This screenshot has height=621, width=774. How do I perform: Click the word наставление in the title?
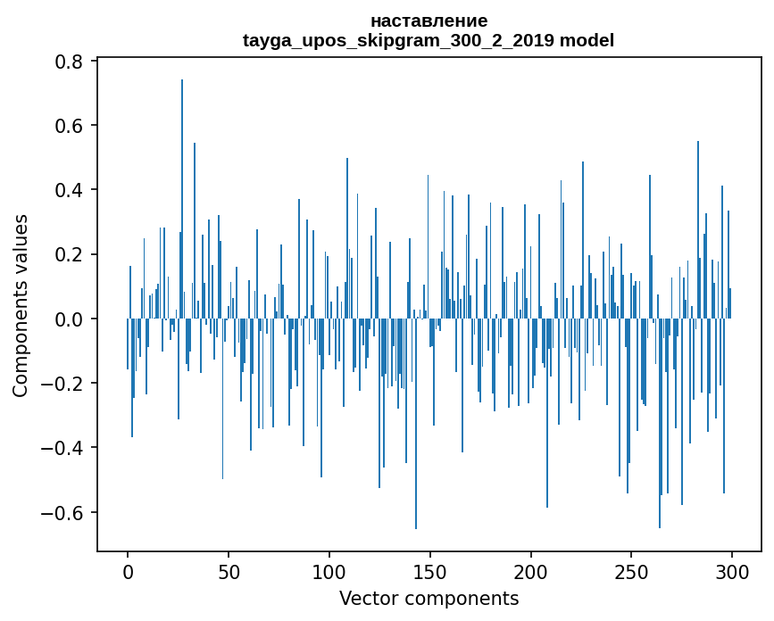(x=429, y=21)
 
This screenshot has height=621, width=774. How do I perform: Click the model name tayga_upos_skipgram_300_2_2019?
(x=399, y=40)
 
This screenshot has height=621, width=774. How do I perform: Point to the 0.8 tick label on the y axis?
(x=71, y=62)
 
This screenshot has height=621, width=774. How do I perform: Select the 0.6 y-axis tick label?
(x=71, y=126)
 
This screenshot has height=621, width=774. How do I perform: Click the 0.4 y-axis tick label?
(x=71, y=190)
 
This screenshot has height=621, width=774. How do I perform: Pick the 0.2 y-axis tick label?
(x=71, y=254)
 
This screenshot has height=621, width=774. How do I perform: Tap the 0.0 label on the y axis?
(x=71, y=319)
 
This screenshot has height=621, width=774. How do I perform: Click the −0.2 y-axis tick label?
(x=65, y=384)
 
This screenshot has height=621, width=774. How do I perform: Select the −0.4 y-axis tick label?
(x=65, y=448)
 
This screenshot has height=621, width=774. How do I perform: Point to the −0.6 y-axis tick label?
(x=65, y=512)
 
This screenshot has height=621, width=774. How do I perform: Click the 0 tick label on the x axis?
(x=128, y=571)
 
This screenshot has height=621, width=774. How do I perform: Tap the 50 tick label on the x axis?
(x=229, y=571)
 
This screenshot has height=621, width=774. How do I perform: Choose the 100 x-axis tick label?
(x=329, y=571)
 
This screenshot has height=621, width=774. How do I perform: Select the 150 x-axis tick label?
(x=430, y=571)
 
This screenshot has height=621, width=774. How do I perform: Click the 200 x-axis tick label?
(x=530, y=571)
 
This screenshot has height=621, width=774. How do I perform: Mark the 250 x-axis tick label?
(x=631, y=571)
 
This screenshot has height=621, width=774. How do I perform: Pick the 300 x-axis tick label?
(x=732, y=571)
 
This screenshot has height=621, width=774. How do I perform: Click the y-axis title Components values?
(x=21, y=305)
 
